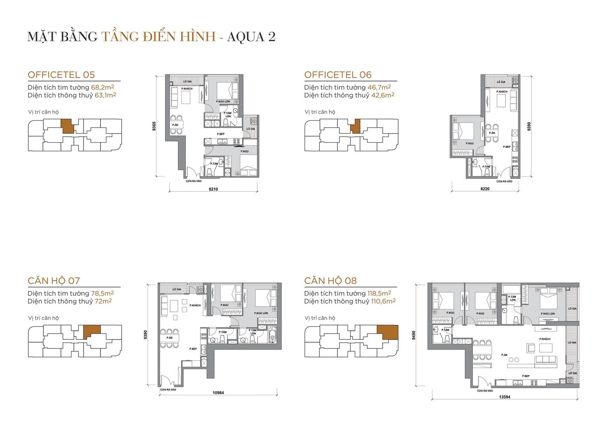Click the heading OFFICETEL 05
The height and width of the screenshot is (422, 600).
pos(61,75)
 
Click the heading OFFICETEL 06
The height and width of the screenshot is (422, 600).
pos(338,75)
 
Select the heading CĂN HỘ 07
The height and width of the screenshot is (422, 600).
pos(54,281)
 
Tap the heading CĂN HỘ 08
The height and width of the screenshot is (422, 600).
pos(330,281)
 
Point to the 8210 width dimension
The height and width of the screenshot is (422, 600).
pos(213,189)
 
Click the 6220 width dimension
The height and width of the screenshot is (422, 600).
pos(485,189)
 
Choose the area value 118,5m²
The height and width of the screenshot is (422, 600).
pos(379,293)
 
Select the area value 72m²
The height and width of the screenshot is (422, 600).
pos(103,301)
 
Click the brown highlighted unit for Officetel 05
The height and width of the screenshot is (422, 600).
pos(67,126)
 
